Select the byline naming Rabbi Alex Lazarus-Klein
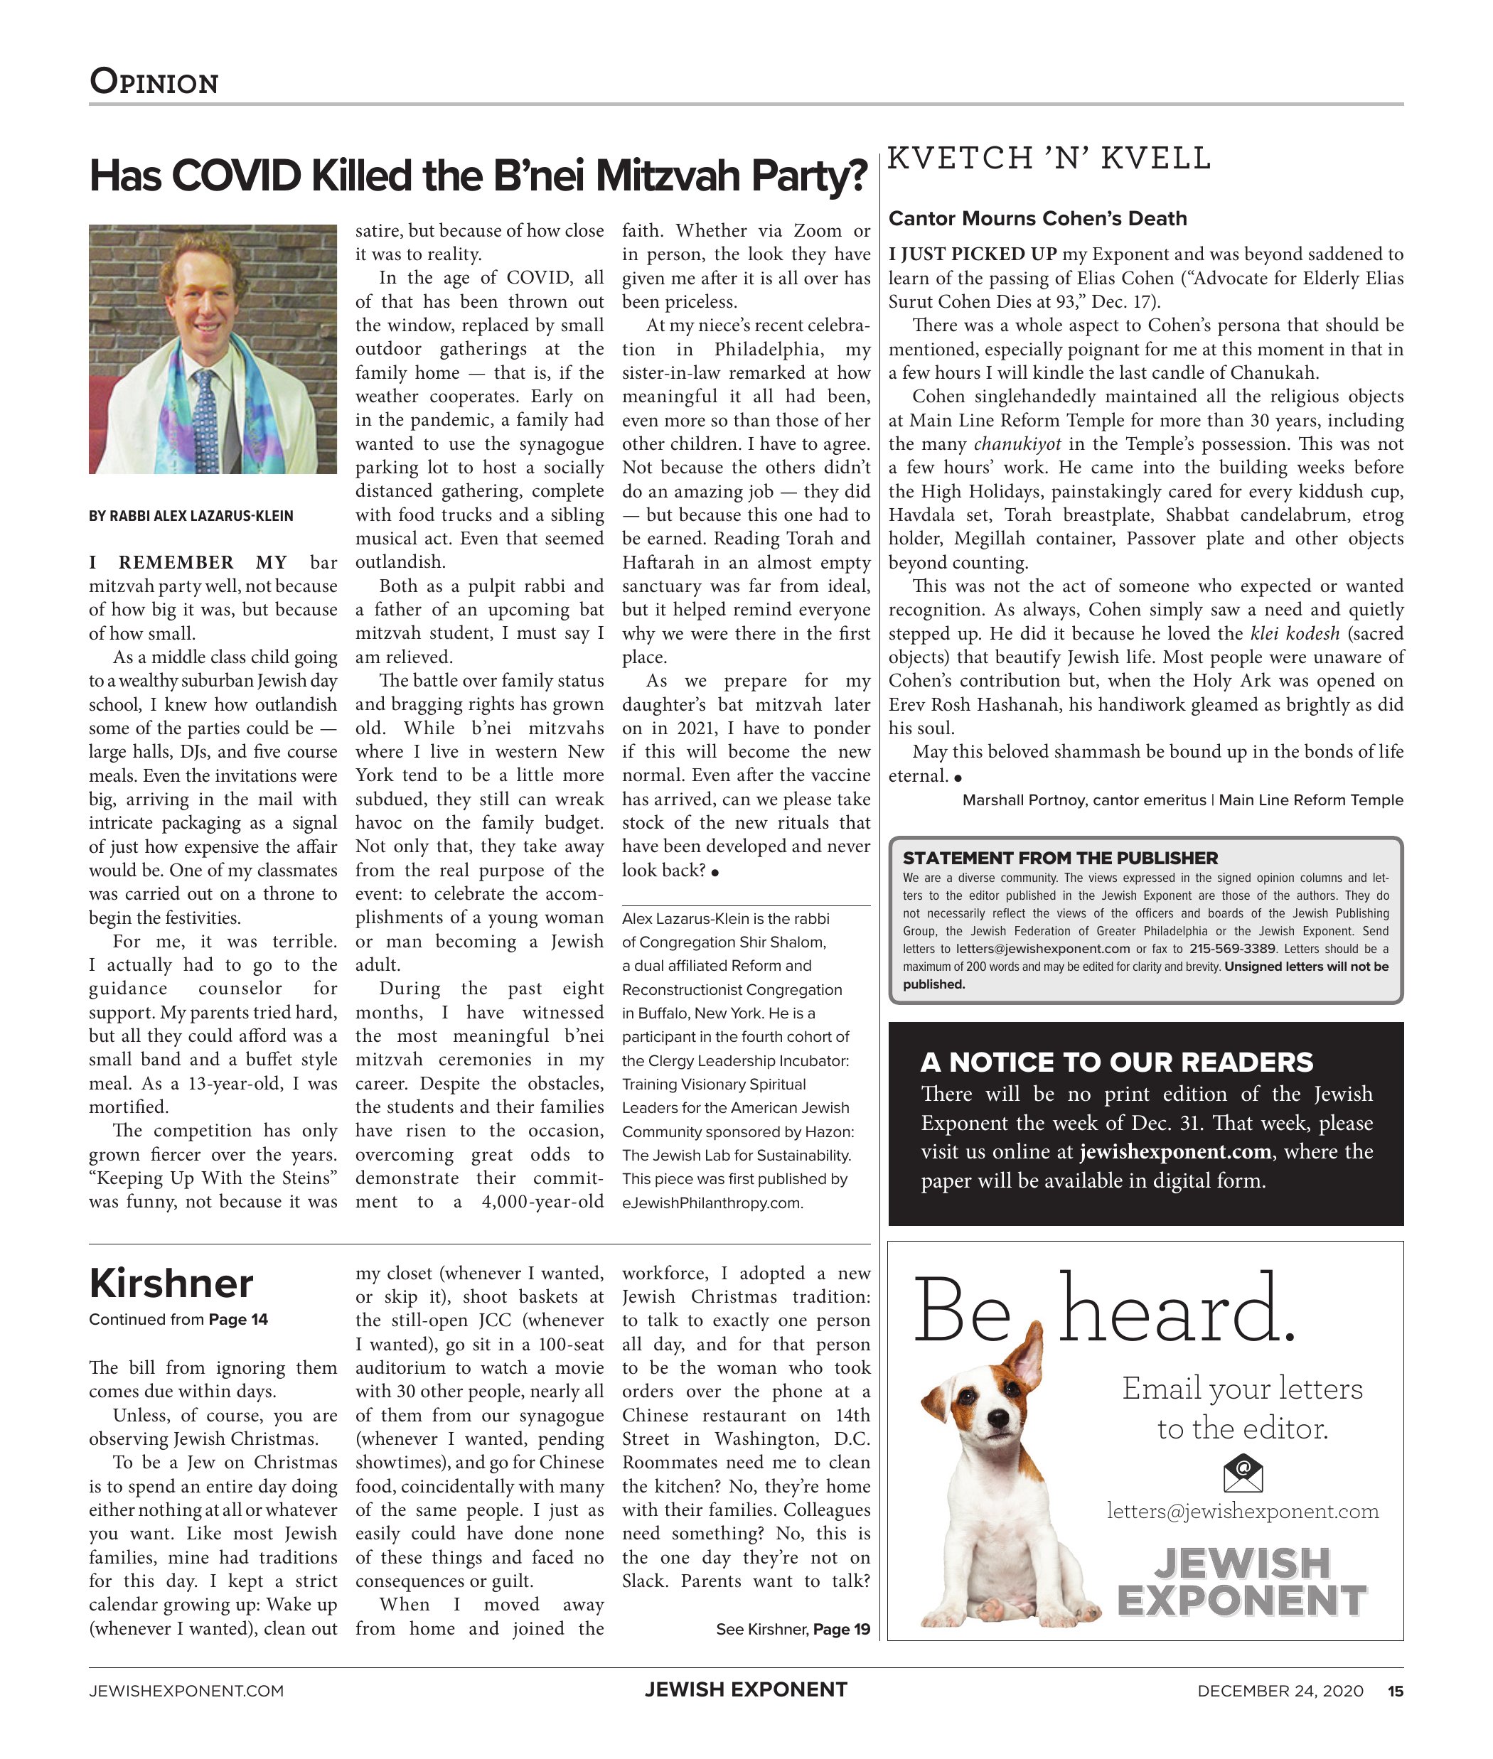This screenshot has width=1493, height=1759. pos(191,516)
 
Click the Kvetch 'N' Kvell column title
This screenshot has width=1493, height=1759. pos(1049,158)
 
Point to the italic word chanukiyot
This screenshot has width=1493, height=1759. pos(1017,444)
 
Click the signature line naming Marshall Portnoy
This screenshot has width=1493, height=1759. pos(1182,800)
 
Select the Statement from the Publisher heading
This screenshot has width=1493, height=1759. pos(1059,858)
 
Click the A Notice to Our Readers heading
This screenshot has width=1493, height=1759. pos(1116,1062)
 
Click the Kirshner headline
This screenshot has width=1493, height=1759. pos(171,1284)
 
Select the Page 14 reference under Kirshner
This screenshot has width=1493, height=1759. pos(238,1319)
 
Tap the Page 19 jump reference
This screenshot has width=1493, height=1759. pos(841,1630)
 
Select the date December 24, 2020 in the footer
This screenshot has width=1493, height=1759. pos(1280,1691)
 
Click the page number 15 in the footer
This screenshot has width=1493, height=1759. pos(1395,1691)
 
